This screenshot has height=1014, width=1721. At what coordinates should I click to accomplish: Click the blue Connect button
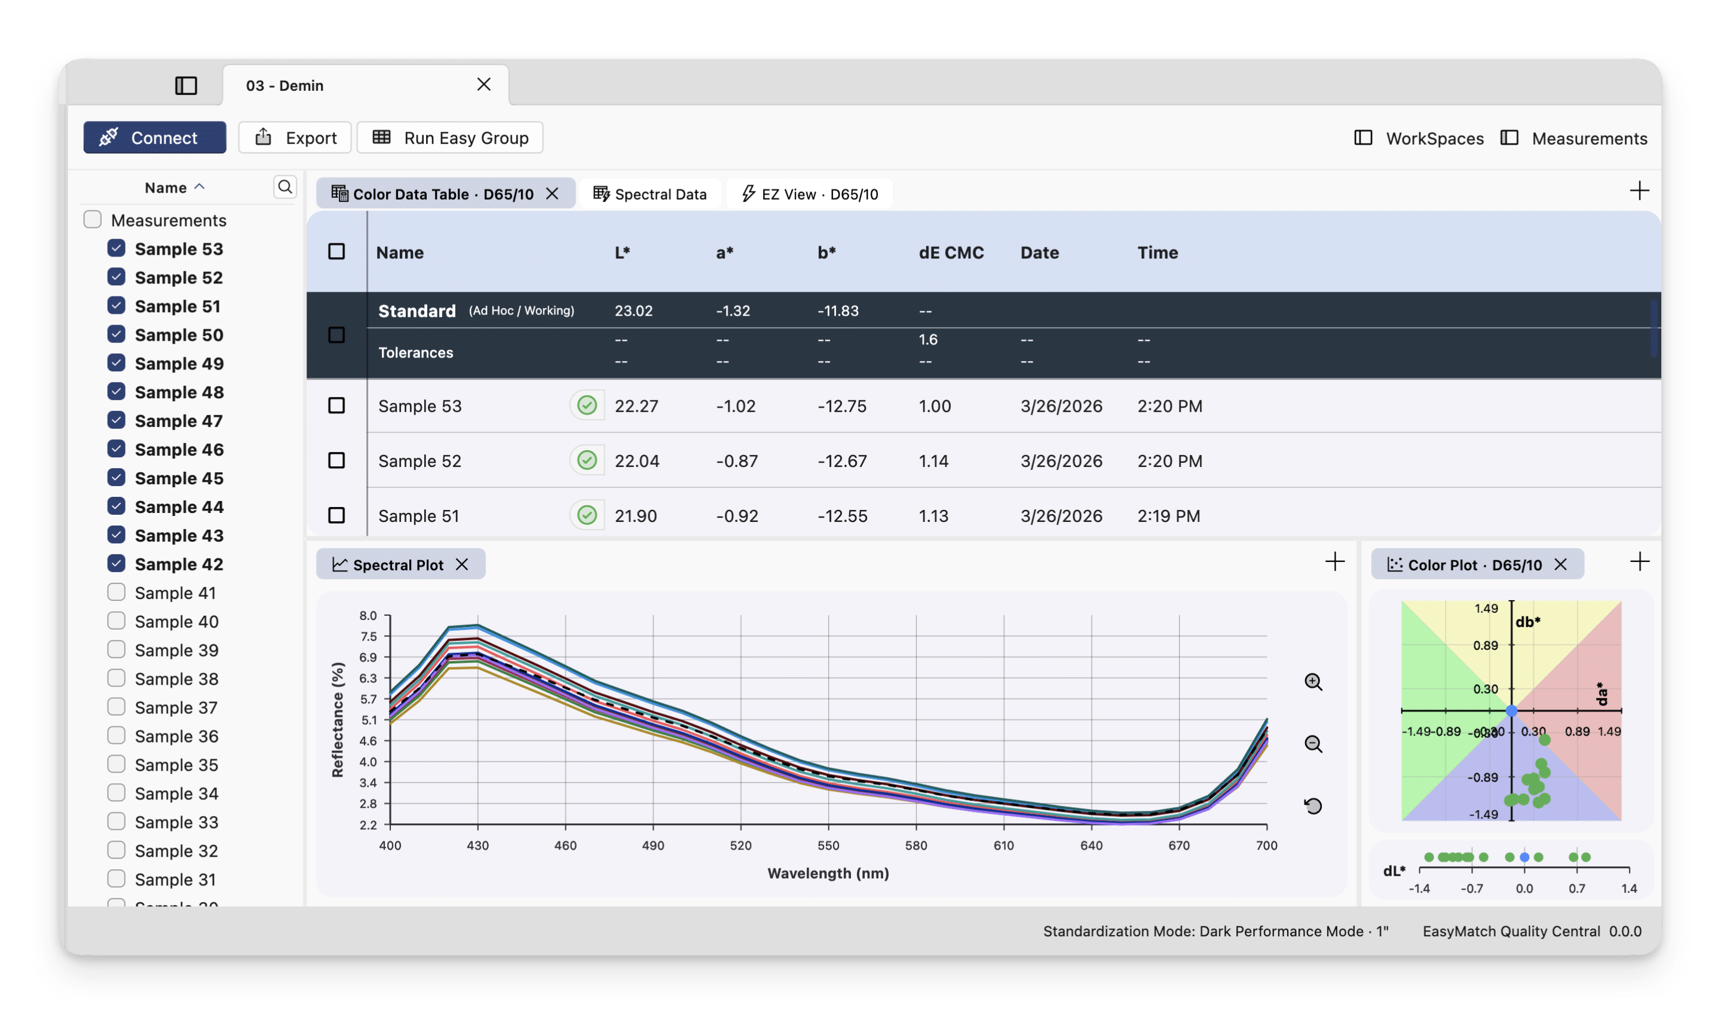tap(154, 138)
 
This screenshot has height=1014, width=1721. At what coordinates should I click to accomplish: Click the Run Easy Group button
tap(450, 138)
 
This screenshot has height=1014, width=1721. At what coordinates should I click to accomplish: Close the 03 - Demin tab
tap(483, 84)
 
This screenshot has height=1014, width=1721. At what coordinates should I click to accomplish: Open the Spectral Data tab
tap(650, 194)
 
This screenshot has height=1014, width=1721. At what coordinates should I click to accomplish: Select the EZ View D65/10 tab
tap(810, 194)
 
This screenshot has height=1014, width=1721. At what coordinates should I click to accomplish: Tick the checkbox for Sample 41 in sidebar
tap(116, 592)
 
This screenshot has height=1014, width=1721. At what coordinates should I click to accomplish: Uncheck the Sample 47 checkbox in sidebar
tap(116, 420)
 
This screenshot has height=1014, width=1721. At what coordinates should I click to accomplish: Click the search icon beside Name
tap(285, 187)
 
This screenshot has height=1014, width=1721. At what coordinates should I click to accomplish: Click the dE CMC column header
tap(951, 252)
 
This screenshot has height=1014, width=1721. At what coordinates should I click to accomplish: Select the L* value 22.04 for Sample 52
tap(636, 461)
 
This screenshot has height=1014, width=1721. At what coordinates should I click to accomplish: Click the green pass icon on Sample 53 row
tap(587, 406)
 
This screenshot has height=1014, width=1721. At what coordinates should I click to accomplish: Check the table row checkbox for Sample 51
tap(336, 515)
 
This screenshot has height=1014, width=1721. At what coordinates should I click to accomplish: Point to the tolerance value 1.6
tap(928, 340)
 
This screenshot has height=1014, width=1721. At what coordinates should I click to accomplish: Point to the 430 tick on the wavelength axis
tap(477, 845)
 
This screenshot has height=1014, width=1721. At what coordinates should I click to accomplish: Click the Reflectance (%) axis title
tap(338, 719)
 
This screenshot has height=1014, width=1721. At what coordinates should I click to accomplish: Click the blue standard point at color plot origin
tap(1511, 711)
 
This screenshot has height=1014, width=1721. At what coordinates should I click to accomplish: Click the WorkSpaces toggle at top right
tap(1419, 138)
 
